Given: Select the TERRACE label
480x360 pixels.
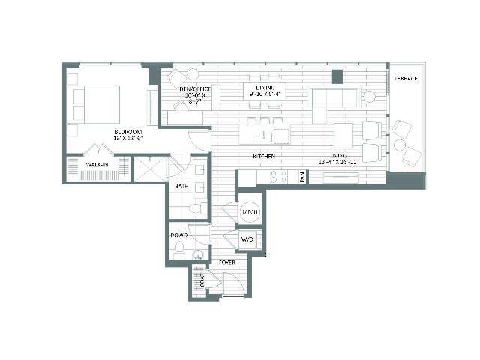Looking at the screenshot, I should tap(406, 79).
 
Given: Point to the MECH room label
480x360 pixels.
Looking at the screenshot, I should tap(250, 212).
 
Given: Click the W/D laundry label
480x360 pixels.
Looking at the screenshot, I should tap(249, 238).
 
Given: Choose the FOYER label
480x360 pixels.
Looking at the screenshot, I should tap(226, 262).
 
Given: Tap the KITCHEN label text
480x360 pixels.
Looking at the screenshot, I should tap(263, 157).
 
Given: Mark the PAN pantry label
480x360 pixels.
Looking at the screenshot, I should tap(302, 178).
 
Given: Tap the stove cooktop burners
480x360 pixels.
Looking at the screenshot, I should tap(278, 177).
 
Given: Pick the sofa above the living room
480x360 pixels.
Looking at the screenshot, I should tap(335, 98).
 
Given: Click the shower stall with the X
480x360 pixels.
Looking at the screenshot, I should tap(150, 169).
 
